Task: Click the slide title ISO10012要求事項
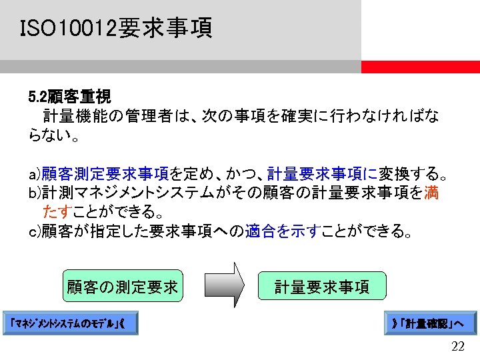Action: [x=116, y=29]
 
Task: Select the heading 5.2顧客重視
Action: [x=69, y=97]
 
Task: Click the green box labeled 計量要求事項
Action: [x=322, y=287]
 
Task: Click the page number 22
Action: [x=458, y=345]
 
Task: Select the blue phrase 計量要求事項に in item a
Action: [x=322, y=175]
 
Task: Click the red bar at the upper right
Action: [x=420, y=67]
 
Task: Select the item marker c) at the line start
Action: [x=34, y=231]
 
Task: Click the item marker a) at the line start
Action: [x=34, y=175]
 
